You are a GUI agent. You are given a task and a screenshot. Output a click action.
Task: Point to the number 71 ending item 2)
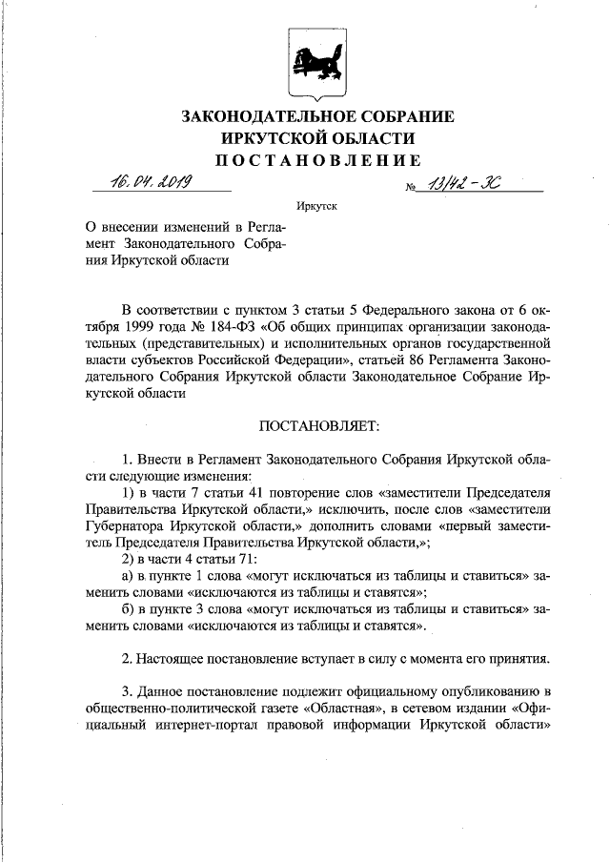point(232,560)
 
